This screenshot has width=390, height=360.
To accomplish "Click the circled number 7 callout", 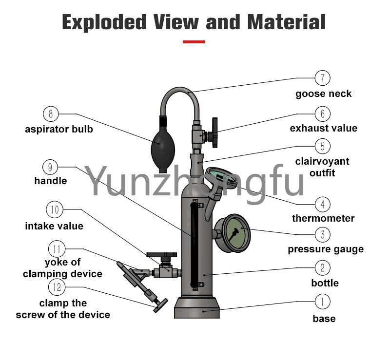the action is pos(322,78).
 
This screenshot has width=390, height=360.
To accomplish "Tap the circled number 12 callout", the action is pos(57,287).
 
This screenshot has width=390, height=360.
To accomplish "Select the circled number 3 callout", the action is pos(322,234).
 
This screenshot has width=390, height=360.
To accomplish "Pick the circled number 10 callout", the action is pos(55,209).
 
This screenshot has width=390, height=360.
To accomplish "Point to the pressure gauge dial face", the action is pos(235,233).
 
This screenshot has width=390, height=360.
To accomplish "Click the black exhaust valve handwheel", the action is pos(214,133).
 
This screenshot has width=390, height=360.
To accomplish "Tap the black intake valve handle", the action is pos(162,255).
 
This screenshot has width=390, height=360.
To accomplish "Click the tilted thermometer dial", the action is pos(220,175).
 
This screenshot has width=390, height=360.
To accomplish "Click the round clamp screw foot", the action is pos(161,305).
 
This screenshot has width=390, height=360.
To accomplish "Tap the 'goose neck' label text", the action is pos(323,94).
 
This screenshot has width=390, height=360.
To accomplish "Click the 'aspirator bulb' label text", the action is pos(59,129).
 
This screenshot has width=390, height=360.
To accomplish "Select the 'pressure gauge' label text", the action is pos(326,249).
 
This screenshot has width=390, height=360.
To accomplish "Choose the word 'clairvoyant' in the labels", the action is pos(322,162).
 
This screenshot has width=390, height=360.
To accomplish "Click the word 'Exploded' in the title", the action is pos(104,22).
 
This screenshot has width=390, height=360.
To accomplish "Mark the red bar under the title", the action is pos(194,42).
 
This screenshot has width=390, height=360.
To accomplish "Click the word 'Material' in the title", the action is pos(287,22).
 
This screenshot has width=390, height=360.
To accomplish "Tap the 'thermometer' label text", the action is pos(323,218).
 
